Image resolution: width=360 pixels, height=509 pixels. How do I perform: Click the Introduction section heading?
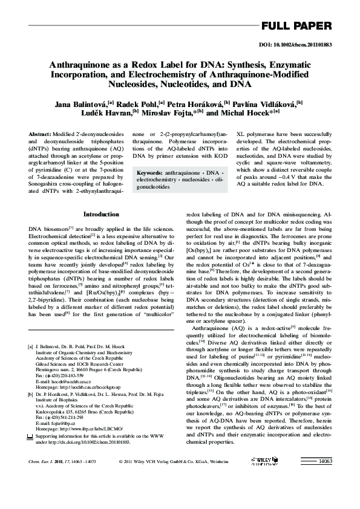pos(101,214)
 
